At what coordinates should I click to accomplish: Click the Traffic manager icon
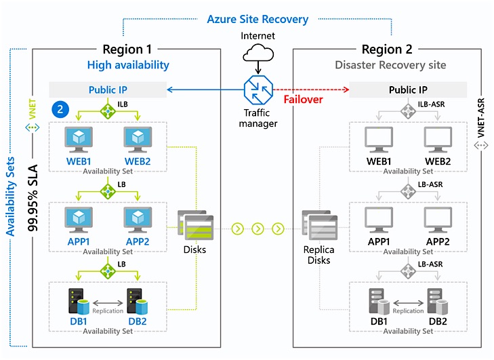point(258,90)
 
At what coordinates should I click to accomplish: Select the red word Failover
point(303,99)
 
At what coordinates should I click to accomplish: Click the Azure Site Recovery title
point(258,20)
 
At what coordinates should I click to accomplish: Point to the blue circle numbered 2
point(60,108)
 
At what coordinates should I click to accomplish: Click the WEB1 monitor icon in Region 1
point(79,139)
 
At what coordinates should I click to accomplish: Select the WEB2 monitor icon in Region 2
point(438,139)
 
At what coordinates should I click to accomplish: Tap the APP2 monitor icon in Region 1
point(138,220)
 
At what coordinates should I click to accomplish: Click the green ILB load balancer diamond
point(108,108)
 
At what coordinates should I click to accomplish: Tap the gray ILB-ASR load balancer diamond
point(408,108)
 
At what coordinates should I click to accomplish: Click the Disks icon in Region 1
point(196,226)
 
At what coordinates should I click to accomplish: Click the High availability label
point(128,65)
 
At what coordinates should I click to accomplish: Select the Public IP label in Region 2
point(408,89)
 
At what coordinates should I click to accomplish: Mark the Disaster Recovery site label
point(390,65)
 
